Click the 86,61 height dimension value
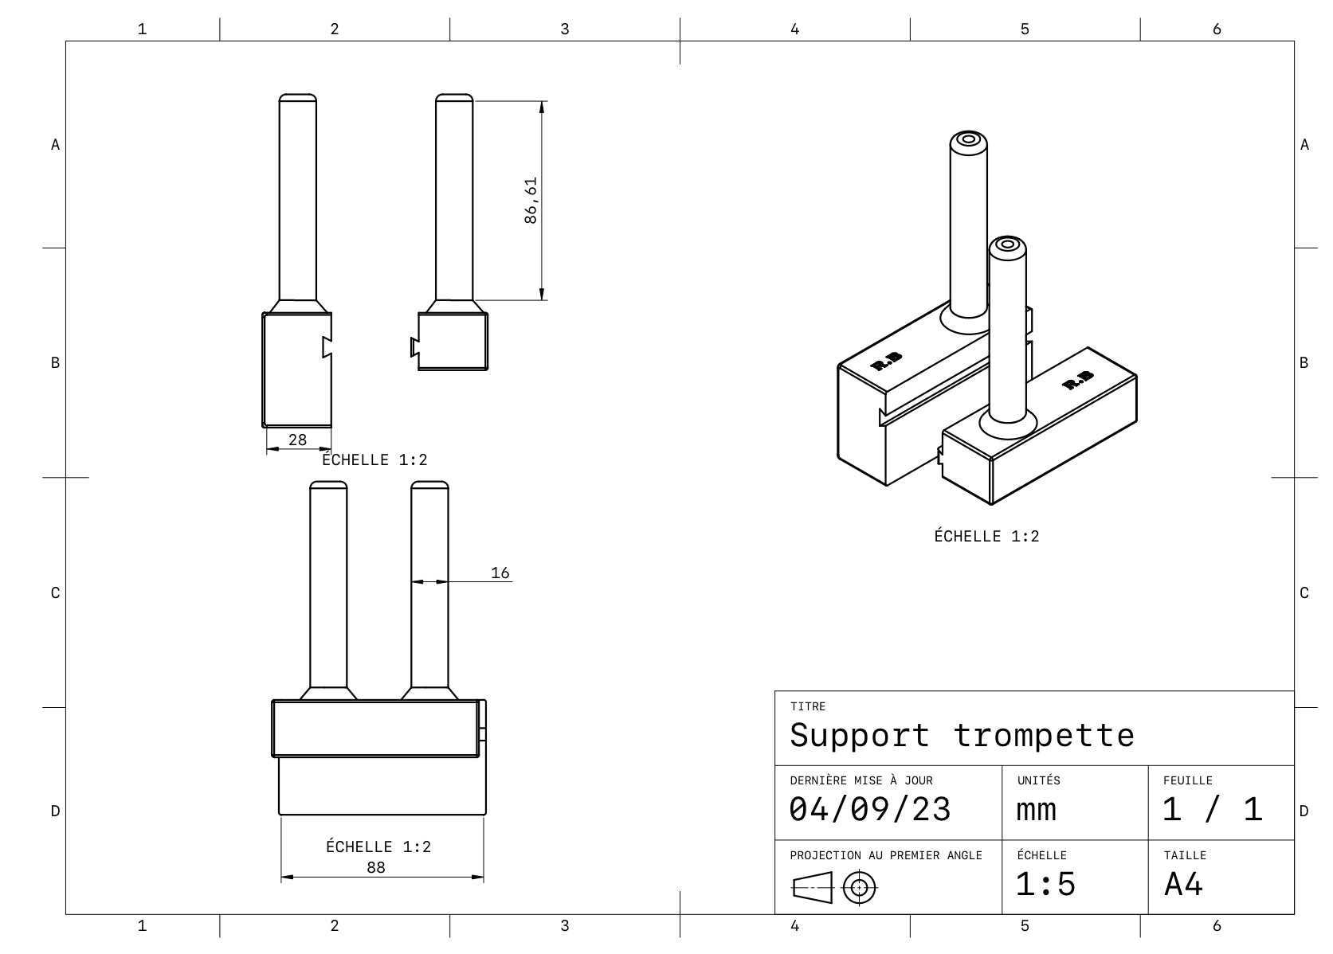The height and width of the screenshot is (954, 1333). pos(531,200)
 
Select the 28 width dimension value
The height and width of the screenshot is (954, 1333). pos(297,440)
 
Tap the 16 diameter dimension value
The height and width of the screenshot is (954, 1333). pos(500,573)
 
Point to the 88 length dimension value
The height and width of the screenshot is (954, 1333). pos(376,867)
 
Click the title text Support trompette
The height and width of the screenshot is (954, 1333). pos(962,735)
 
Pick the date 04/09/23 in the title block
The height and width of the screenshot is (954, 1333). pos(870,810)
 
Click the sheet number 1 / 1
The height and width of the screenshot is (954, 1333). pos(1212,810)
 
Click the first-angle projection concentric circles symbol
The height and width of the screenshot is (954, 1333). pos(860,887)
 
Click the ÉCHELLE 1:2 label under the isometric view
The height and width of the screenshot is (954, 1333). pos(986,536)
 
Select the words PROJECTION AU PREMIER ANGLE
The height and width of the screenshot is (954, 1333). pos(886,855)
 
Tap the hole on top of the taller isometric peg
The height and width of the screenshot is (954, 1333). pos(968,140)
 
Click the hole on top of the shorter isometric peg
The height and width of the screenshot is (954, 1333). pos(1007,244)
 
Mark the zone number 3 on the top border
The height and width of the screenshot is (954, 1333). pos(565,29)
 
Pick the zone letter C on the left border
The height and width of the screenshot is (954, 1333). pos(55,592)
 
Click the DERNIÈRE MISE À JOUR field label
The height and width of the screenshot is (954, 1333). pos(861,780)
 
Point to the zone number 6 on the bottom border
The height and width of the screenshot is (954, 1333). pos(1217,925)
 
